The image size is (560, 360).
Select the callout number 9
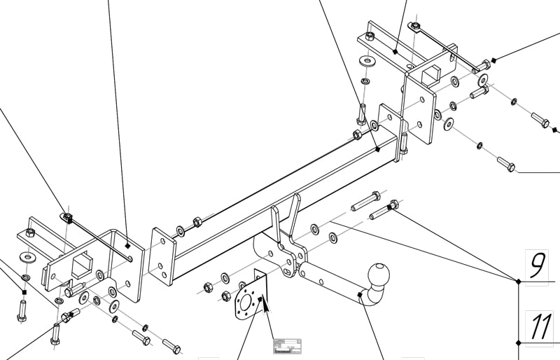(537, 265)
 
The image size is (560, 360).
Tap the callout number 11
(540, 327)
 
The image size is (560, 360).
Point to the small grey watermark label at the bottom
(287, 345)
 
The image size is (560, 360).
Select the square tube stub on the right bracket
(431, 73)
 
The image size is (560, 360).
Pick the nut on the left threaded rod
(68, 218)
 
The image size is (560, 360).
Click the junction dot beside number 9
(518, 281)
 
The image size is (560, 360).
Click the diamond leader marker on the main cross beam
(377, 149)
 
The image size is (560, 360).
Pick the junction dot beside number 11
(518, 342)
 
